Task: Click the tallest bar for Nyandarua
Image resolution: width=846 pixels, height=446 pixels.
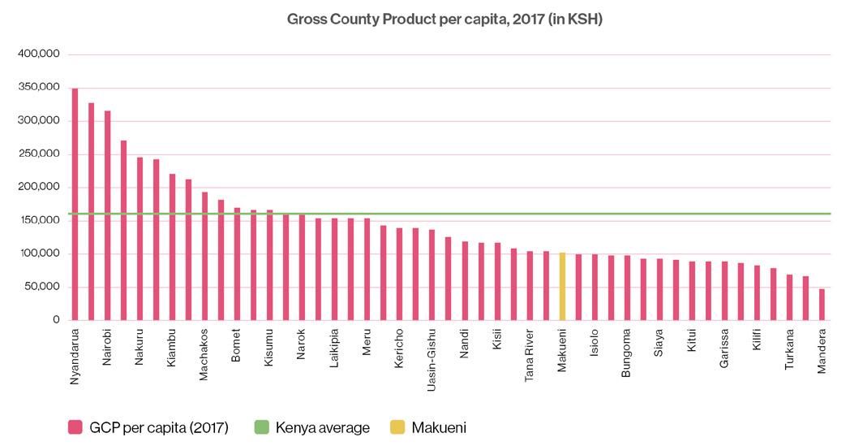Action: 75,204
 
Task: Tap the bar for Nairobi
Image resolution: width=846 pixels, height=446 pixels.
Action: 107,215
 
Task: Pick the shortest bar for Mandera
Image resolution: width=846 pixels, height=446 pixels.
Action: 822,304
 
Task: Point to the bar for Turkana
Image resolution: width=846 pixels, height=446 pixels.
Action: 789,297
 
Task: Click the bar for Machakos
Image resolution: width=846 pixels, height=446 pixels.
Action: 204,256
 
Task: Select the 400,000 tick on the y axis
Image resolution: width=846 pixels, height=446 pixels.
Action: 39,54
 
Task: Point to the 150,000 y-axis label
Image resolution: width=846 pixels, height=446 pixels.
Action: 39,220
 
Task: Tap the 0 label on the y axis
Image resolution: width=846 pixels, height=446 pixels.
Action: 56,320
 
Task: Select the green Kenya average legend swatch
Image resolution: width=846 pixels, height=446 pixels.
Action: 261,427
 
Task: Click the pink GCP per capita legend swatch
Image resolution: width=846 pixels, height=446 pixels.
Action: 75,427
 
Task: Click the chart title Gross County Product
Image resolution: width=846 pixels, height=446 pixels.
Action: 444,19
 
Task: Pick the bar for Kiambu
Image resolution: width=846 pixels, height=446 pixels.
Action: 172,247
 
